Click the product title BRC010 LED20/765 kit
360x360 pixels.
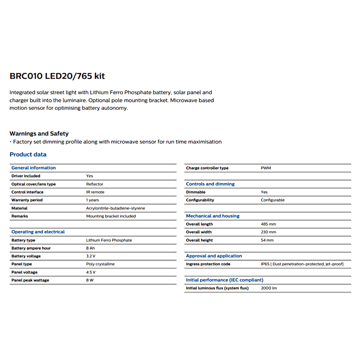tap(57, 76)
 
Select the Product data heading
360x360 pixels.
tap(28, 154)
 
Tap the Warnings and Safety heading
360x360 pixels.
tap(39, 134)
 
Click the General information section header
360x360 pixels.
tap(33, 168)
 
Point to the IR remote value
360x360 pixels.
tap(95, 192)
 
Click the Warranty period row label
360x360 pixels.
tap(27, 200)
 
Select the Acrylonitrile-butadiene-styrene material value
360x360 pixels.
tap(115, 208)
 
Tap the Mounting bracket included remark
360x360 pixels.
tap(111, 216)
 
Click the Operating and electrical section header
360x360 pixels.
tap(38, 232)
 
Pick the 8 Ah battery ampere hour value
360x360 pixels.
tap(90, 248)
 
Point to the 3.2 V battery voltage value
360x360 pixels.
tap(91, 256)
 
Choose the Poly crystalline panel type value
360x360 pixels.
tap(100, 264)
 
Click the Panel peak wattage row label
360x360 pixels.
tap(30, 280)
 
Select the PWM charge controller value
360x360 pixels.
tap(266, 168)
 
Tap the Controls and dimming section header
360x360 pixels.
tap(210, 184)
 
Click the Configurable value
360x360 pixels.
tap(272, 200)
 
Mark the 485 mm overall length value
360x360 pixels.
tap(268, 224)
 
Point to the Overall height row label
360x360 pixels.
tap(199, 240)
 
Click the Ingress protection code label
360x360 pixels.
tap(208, 264)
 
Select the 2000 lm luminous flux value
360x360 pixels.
tap(269, 288)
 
